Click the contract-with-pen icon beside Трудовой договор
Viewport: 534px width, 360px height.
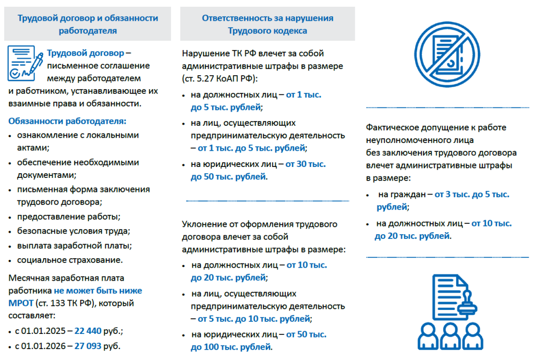tap(25, 64)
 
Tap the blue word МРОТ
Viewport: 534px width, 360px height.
tap(19, 303)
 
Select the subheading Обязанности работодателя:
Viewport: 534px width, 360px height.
tap(67, 122)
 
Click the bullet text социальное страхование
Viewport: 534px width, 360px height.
tap(70, 260)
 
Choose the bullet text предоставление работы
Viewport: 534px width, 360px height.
tap(68, 216)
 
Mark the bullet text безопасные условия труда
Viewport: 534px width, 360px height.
tap(74, 231)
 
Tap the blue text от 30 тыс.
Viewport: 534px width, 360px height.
tap(306, 164)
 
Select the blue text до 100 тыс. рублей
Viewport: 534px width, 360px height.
tap(231, 346)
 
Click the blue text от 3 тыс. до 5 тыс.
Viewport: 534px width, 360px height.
tap(472, 194)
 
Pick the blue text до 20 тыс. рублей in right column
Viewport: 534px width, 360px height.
tap(412, 236)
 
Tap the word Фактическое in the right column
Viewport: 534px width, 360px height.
tap(392, 127)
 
